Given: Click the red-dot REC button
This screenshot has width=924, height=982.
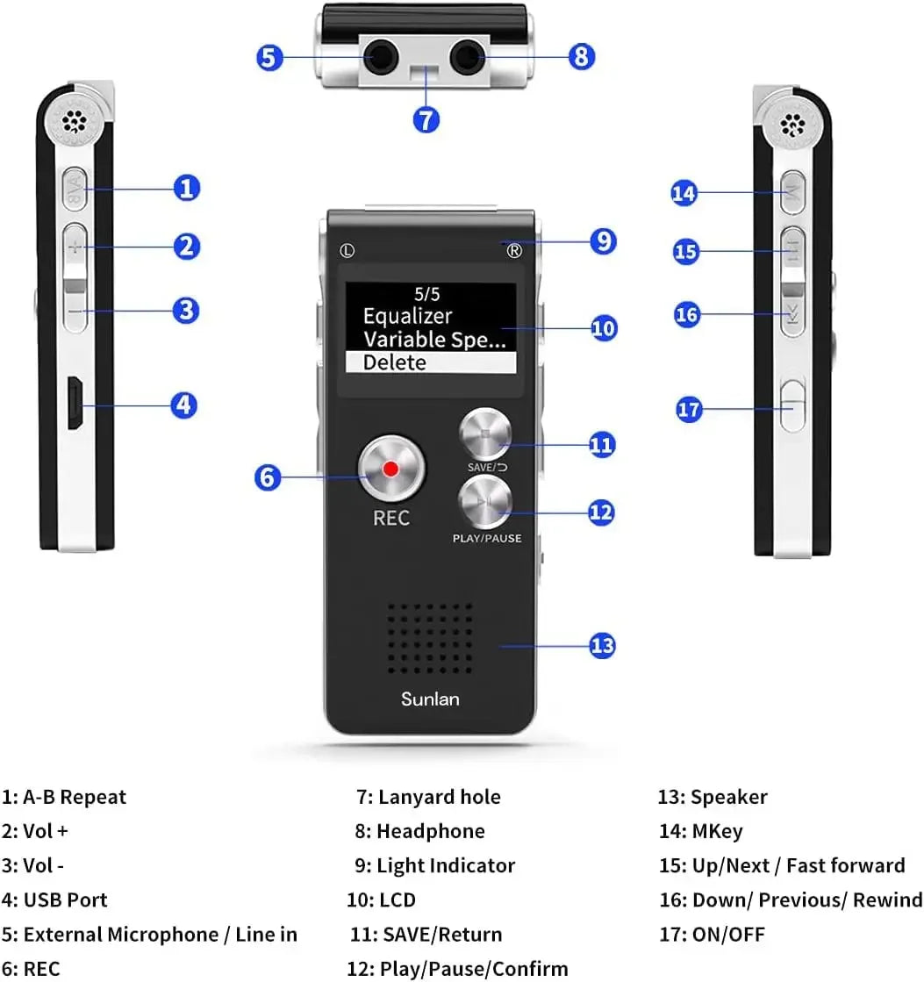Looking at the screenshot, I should click(x=390, y=469).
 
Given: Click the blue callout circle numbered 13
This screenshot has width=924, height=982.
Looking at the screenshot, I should click(x=601, y=646).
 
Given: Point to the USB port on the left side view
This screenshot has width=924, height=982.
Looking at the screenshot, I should click(x=75, y=405).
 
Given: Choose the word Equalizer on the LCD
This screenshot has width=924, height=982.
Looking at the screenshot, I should click(x=407, y=316).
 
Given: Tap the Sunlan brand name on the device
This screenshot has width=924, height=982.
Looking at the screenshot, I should click(x=430, y=699).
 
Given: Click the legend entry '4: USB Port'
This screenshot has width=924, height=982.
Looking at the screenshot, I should click(x=54, y=900).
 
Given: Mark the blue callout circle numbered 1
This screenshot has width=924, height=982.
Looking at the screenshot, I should click(x=186, y=188).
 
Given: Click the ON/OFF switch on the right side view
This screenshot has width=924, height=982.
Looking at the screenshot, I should click(x=792, y=404).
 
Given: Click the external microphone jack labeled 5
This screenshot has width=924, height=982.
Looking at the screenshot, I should click(x=380, y=59).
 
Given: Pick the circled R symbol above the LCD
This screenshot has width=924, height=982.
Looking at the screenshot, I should click(x=514, y=250).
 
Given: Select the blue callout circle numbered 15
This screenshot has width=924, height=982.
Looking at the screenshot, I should click(x=686, y=252).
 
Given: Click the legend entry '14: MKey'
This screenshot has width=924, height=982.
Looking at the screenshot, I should click(x=700, y=831).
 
